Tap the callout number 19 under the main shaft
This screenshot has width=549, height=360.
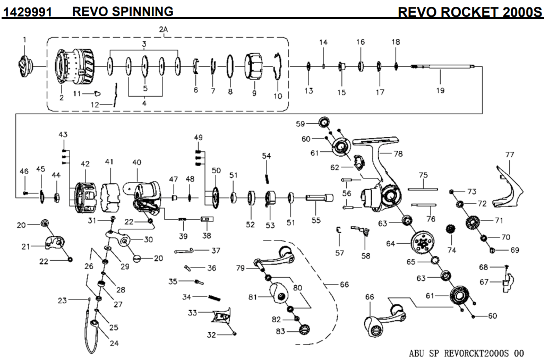pos(440,90)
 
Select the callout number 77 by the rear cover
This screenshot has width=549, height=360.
pos(510,155)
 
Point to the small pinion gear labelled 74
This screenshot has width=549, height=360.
pos(452,230)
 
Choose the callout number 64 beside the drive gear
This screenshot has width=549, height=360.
pos(391,244)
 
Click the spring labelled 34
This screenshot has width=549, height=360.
pos(213,298)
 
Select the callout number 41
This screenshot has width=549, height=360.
pos(109,161)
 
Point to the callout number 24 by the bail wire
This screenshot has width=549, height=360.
pos(114,343)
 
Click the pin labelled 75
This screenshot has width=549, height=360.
pos(423,188)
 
